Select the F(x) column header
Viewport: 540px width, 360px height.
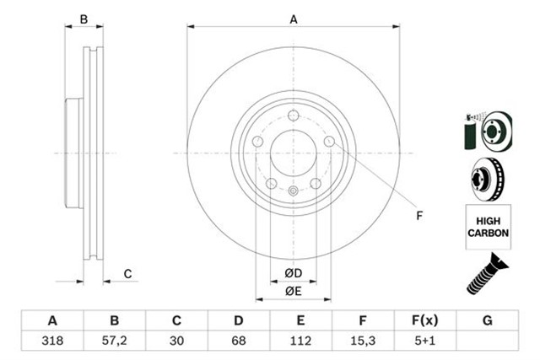pos(425,321)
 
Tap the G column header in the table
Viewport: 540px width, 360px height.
pos(487,321)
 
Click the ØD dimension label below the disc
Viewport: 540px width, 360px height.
pos(293,273)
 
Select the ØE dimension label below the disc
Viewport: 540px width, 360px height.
pos(293,291)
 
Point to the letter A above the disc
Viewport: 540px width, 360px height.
pos(294,19)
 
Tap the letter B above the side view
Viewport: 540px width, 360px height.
pos(83,19)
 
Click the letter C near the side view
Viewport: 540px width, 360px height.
pos(127,273)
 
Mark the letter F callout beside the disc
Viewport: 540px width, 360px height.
pos(419,216)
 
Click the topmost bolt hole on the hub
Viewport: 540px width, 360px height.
pos(293,116)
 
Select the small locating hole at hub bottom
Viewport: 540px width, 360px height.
pos(293,191)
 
